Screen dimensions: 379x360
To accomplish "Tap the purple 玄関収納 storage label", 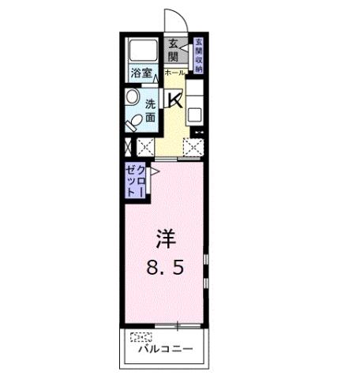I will click(x=198, y=55).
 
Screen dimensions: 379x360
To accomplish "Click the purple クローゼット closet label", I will click(x=133, y=183).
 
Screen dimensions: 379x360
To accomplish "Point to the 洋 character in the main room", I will click(x=163, y=237).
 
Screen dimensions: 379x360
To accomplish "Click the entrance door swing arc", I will click(x=173, y=20).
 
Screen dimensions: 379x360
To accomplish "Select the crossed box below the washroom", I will click(x=144, y=145).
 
